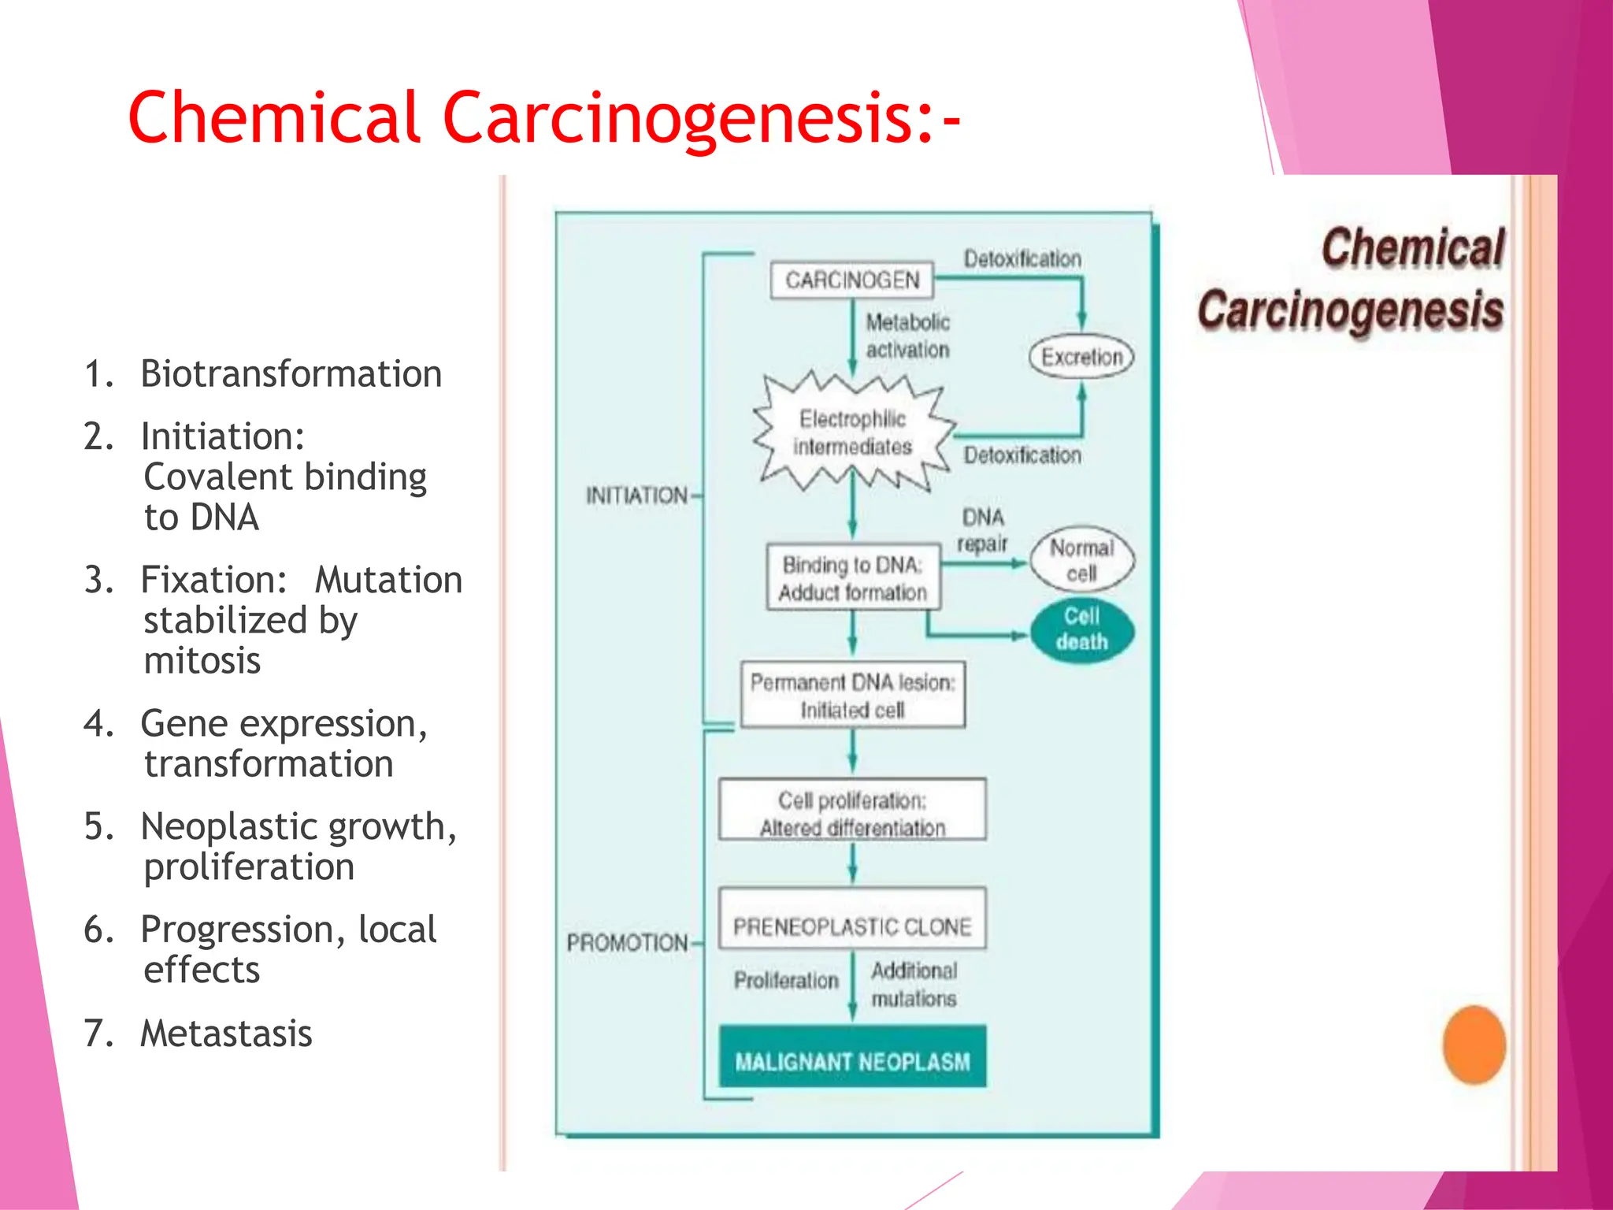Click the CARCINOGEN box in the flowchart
point(851,280)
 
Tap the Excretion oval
point(1081,357)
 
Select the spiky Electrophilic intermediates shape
point(853,432)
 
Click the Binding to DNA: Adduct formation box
point(853,578)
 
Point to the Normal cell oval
point(1081,560)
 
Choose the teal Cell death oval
point(1082,629)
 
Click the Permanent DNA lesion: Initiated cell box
point(852,696)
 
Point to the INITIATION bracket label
point(636,496)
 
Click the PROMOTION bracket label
point(628,942)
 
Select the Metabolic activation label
point(907,336)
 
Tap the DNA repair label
point(982,530)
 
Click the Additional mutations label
point(914,984)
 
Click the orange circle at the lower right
point(1474,1045)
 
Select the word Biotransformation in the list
point(291,373)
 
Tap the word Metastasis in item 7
point(226,1034)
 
